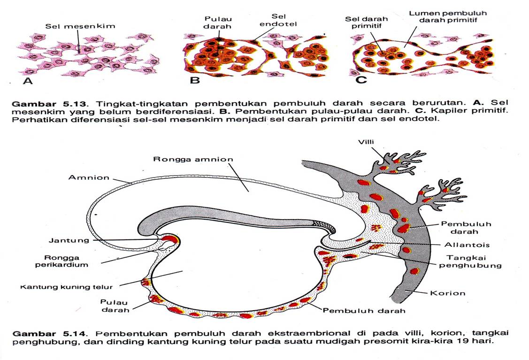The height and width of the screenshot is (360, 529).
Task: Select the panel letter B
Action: pyautogui.click(x=194, y=80)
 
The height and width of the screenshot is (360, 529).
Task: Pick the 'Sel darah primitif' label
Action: pyautogui.click(x=364, y=23)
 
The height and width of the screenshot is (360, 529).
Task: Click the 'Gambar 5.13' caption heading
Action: pyautogui.click(x=38, y=102)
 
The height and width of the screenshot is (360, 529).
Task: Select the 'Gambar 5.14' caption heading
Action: pyautogui.click(x=39, y=333)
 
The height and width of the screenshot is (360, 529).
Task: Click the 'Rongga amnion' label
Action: pyautogui.click(x=193, y=159)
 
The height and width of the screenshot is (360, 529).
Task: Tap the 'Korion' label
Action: pyautogui.click(x=447, y=293)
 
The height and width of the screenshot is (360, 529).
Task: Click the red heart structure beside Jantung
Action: pyautogui.click(x=169, y=241)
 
